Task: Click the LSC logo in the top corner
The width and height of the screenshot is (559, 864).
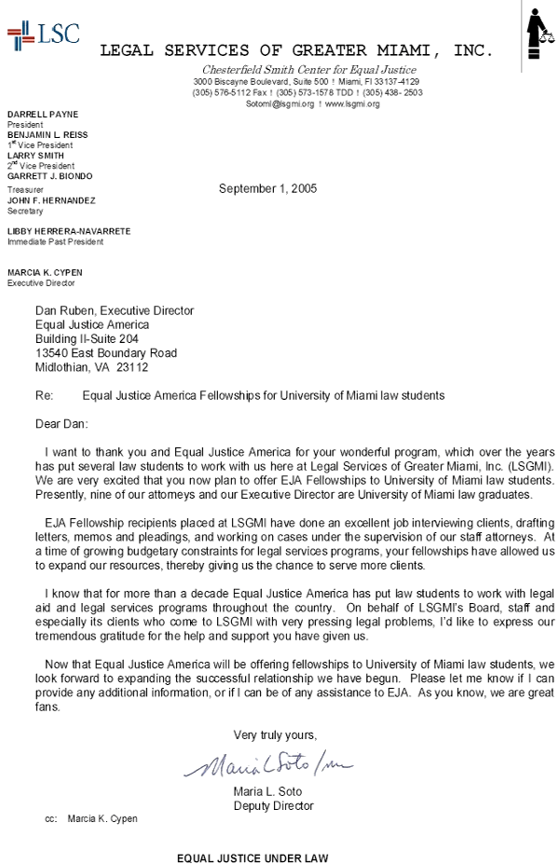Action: [x=43, y=36]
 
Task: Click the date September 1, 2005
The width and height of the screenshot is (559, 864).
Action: [x=267, y=188]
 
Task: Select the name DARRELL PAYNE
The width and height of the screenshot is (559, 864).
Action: [x=43, y=115]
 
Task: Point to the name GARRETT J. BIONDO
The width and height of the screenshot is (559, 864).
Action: [x=50, y=176]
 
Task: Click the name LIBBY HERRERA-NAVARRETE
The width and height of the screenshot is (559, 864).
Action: [x=69, y=230]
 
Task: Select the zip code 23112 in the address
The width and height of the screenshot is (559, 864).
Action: [x=132, y=367]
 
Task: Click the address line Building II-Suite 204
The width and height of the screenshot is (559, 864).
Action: [x=87, y=339]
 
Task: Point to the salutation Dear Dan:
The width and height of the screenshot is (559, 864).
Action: [x=61, y=423]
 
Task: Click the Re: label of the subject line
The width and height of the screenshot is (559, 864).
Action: [x=45, y=395]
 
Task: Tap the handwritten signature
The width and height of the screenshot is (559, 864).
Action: [x=274, y=767]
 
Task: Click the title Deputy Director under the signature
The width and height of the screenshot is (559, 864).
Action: [x=273, y=806]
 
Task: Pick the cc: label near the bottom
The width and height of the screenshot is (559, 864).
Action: [x=51, y=819]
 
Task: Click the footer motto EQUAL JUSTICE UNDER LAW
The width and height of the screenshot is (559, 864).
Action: [x=253, y=857]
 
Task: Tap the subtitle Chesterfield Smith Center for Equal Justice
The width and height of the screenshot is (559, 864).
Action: [x=309, y=71]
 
